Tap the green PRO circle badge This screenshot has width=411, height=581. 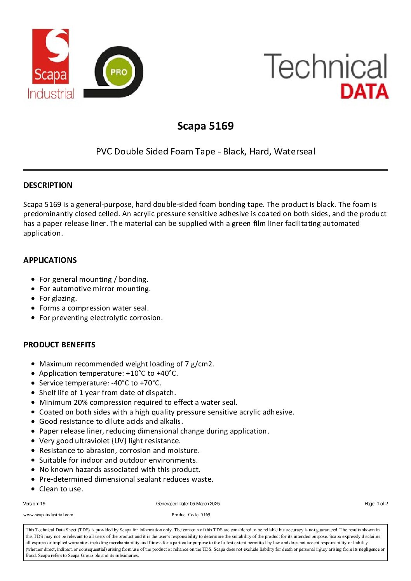tap(118, 72)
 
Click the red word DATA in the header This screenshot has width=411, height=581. tap(364, 91)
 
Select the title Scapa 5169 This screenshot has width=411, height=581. tap(205, 126)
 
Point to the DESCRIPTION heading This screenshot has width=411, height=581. tap(48, 185)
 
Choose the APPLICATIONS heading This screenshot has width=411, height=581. tap(50, 260)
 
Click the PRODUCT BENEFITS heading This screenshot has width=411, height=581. tap(59, 345)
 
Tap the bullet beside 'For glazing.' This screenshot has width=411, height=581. tap(33, 298)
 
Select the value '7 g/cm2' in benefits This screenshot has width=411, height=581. tap(199, 364)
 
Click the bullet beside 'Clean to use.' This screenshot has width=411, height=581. tap(33, 489)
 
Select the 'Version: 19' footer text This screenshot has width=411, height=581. tap(34, 504)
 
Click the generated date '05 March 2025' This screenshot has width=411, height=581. tap(205, 504)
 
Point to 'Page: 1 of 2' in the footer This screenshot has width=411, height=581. tap(376, 504)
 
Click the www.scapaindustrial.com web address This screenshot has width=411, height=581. tap(48, 515)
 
